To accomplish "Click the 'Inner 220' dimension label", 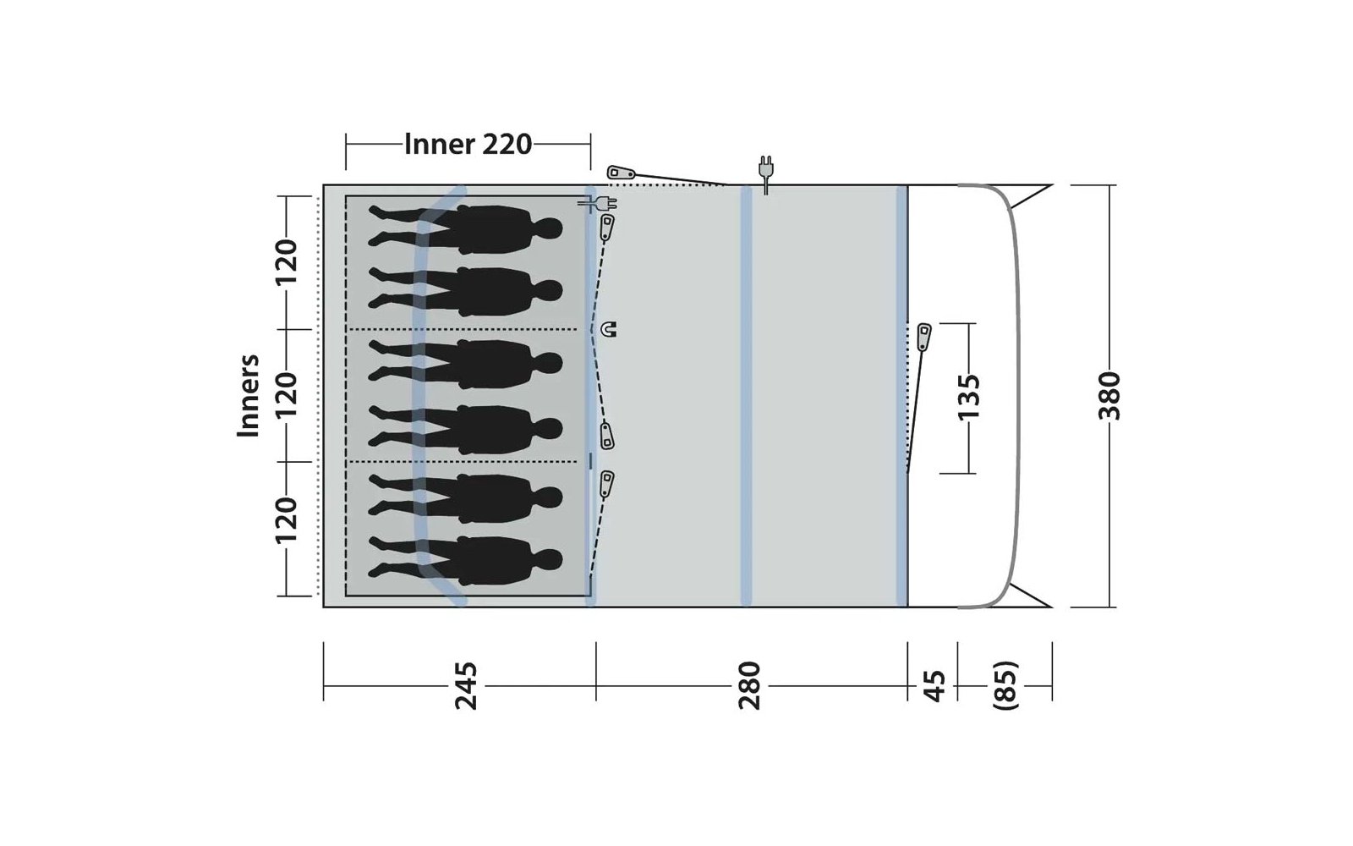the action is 468,145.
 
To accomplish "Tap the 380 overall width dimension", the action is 1109,396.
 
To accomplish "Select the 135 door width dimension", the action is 968,397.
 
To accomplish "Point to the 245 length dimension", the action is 466,686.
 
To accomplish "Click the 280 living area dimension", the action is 749,686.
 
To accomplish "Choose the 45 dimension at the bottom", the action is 934,686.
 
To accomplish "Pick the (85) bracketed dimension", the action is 1005,686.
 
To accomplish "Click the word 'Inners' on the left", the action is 249,396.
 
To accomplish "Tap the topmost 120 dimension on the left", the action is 287,262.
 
